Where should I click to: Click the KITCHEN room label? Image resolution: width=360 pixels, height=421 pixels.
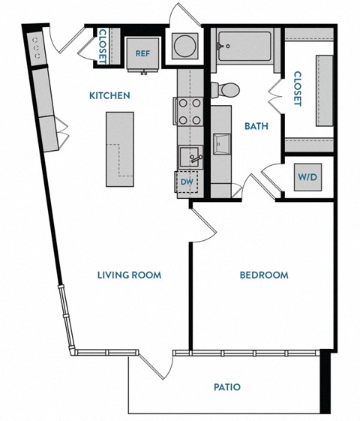[110, 96]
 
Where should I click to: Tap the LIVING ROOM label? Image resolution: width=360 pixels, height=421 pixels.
[129, 275]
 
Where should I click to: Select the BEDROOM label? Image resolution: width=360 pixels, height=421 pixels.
[263, 275]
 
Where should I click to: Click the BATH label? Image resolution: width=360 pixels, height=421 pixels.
[256, 126]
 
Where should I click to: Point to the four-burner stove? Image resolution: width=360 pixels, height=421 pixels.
[188, 111]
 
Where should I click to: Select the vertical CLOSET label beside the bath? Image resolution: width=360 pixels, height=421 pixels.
[297, 89]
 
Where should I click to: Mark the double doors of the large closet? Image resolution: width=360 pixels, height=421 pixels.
[276, 98]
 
